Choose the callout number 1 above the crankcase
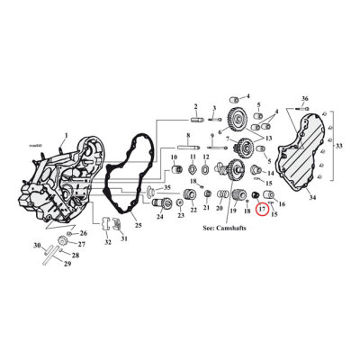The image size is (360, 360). pyautogui.click(x=64, y=135)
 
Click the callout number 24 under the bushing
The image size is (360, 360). pyautogui.click(x=159, y=217)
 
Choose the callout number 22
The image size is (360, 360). pyautogui.click(x=193, y=210)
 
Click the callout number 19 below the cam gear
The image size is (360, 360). pyautogui.click(x=232, y=209)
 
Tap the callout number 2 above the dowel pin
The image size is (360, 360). pyautogui.click(x=194, y=106)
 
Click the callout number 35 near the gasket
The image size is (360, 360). pyautogui.click(x=166, y=186)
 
